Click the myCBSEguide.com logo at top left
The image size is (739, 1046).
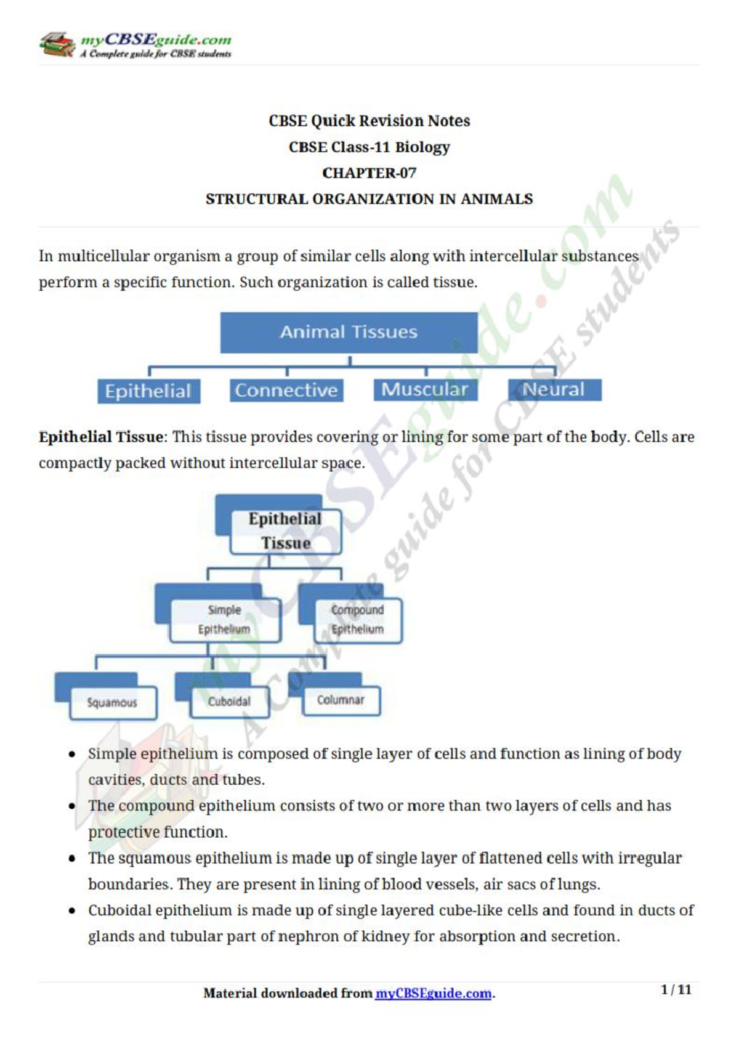pyautogui.click(x=135, y=45)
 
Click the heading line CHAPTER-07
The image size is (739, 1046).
pyautogui.click(x=369, y=173)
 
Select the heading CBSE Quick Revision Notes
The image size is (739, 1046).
pyautogui.click(x=369, y=121)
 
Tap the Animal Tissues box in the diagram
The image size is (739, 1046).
pyautogui.click(x=349, y=332)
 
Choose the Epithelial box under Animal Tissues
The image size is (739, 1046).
pyautogui.click(x=148, y=391)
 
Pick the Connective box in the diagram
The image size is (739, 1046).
pyautogui.click(x=286, y=390)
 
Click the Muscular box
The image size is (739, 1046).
pyautogui.click(x=425, y=389)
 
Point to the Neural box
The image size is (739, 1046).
pyautogui.click(x=554, y=389)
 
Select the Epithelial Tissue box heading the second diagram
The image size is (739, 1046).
pyautogui.click(x=285, y=531)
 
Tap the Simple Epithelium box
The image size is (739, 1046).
pyautogui.click(x=224, y=620)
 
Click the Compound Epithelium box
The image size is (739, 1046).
pyautogui.click(x=357, y=620)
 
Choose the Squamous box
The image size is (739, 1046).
pyautogui.click(x=113, y=703)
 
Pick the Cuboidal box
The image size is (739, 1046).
pyautogui.click(x=229, y=702)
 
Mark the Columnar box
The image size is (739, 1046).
pyautogui.click(x=341, y=700)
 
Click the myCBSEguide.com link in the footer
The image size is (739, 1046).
pyautogui.click(x=433, y=994)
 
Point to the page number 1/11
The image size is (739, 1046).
pyautogui.click(x=676, y=990)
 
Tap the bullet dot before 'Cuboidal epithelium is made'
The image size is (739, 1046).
pyautogui.click(x=73, y=910)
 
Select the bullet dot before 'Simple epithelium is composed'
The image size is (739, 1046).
pyautogui.click(x=73, y=754)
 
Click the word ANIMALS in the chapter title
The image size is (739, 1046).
pyautogui.click(x=497, y=200)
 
